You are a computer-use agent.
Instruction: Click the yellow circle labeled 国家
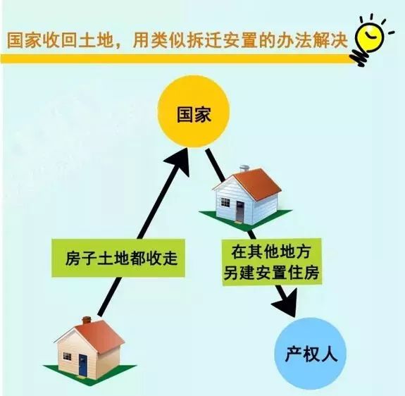click(194, 111)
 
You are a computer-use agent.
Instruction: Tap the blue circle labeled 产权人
click(310, 354)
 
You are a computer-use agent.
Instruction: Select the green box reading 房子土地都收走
click(118, 258)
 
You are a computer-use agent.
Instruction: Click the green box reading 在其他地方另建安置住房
click(271, 262)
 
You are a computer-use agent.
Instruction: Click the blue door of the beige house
click(83, 365)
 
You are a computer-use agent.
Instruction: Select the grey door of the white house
click(239, 211)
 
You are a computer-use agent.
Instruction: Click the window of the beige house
click(67, 357)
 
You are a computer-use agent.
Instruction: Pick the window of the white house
click(225, 202)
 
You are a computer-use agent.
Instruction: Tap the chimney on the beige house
click(87, 320)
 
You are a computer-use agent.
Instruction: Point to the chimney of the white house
click(244, 168)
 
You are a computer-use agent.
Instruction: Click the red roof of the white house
click(256, 184)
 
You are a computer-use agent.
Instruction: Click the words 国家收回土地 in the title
click(60, 40)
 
